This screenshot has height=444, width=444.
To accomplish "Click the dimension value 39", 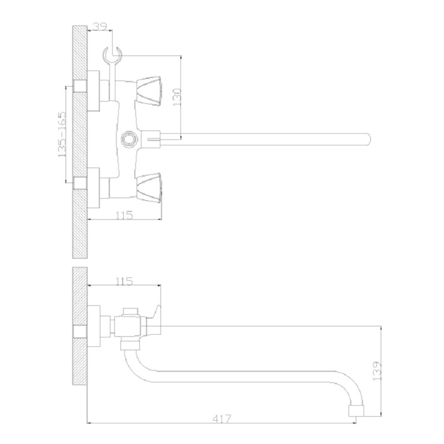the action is coord(100,26).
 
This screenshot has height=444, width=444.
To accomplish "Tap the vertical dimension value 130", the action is coord(176,97).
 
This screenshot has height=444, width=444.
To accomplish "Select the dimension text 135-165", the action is coord(62,134).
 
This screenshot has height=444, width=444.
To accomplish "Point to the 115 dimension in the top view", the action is coord(124,215).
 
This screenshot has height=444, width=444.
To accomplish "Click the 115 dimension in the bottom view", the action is coord(124,281).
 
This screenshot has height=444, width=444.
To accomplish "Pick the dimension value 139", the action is coord(377,371).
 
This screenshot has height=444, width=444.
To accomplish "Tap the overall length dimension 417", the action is coord(221,418).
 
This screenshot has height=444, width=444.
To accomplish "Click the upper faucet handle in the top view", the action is coord(149,90).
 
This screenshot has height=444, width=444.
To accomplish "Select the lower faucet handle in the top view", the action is coord(149,188).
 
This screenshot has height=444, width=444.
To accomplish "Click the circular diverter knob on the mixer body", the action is coord(129,139).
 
